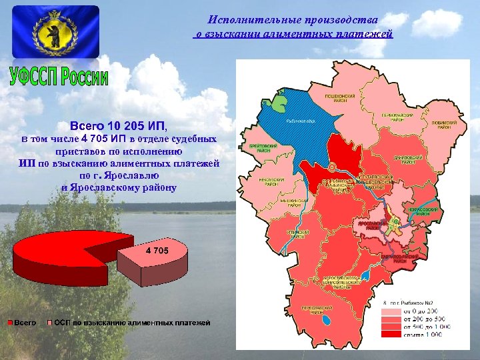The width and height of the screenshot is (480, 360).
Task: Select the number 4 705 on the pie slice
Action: click(157, 250)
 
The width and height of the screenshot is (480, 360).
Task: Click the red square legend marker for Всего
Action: click(10, 323)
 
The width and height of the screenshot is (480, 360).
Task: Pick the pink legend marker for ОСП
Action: click(49, 323)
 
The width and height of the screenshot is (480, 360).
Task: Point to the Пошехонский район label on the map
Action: click(339, 98)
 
